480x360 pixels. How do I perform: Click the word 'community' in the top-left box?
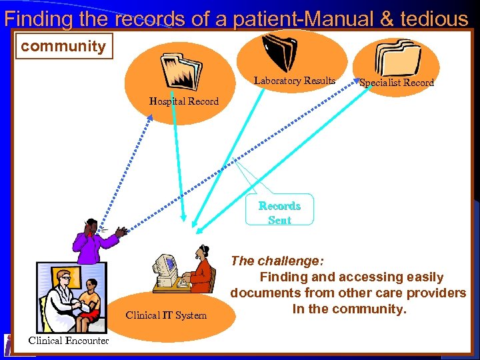point(63,47)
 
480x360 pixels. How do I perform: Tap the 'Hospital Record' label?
point(184,101)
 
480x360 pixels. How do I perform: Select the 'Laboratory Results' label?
point(295,81)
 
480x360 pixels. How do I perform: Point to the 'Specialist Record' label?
point(397,83)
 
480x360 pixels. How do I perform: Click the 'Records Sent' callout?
point(279,212)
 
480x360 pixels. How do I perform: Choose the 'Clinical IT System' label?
point(166,315)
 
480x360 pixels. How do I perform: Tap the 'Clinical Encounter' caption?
point(69,341)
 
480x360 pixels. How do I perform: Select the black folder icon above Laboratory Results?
point(279,51)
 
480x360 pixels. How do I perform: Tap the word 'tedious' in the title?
point(435,19)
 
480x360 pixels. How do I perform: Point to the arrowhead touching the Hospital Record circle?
point(150,118)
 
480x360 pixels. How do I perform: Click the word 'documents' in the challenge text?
point(265,293)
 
